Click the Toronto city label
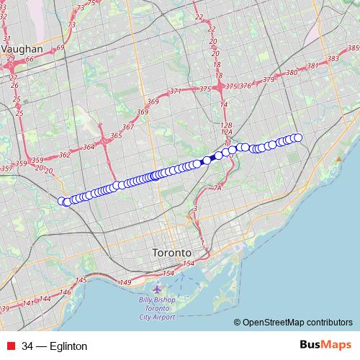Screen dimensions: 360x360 pyautogui.click(x=172, y=253)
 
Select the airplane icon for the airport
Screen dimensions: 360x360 pyautogui.click(x=158, y=289)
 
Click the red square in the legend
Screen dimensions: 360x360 pyautogui.click(x=10, y=346)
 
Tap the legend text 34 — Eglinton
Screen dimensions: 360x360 pyautogui.click(x=54, y=346)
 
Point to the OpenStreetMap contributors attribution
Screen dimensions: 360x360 pyautogui.click(x=297, y=323)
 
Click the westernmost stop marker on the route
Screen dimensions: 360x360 pyautogui.click(x=62, y=201)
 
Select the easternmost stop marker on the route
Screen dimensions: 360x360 pyautogui.click(x=298, y=138)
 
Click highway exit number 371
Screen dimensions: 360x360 pyautogui.click(x=176, y=91)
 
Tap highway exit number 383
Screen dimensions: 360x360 pyautogui.click(x=333, y=58)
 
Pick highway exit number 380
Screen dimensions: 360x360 pyautogui.click(x=292, y=73)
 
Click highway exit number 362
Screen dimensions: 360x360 pyautogui.click(x=65, y=154)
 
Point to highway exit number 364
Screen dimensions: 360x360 pyautogui.click(x=89, y=147)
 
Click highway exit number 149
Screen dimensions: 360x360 pyautogui.click(x=127, y=283)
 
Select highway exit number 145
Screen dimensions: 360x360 pyautogui.click(x=81, y=279)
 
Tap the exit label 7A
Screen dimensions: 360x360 pyautogui.click(x=219, y=188)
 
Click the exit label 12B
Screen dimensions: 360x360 pyautogui.click(x=227, y=125)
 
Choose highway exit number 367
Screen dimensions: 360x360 pyautogui.click(x=128, y=127)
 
